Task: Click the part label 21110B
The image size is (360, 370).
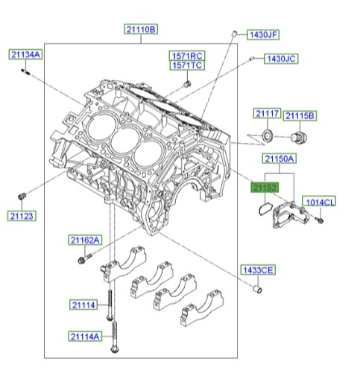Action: point(140,30)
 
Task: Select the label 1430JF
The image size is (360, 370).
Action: point(262,34)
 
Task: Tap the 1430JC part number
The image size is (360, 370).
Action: point(281,58)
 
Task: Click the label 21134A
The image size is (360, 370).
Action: point(26,54)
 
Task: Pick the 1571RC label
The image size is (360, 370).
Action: point(186,57)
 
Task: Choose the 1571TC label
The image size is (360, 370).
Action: point(186,66)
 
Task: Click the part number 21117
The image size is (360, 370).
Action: point(266,114)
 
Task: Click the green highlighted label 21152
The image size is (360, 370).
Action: point(264,189)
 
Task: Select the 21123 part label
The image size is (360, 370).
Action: point(22,216)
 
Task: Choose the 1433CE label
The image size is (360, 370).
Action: point(257,269)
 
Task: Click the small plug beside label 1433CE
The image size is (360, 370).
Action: point(259,288)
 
